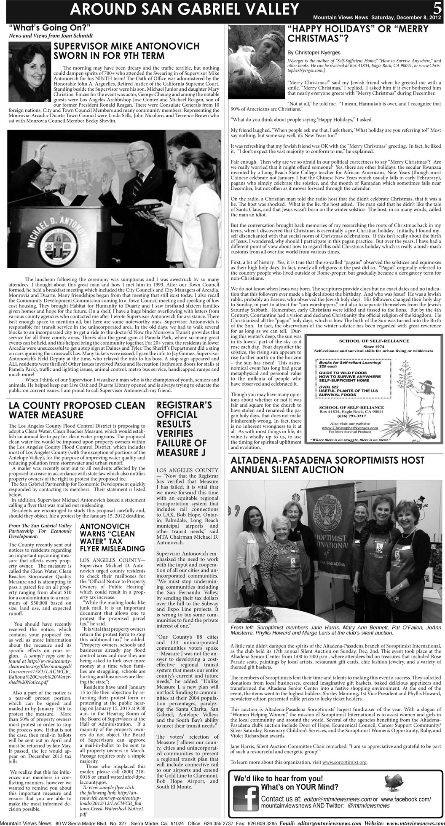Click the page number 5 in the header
click(436, 8)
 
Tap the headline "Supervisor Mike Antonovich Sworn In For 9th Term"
click(126, 50)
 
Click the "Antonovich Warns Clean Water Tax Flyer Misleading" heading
click(112, 537)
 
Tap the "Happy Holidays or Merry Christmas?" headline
click(357, 34)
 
